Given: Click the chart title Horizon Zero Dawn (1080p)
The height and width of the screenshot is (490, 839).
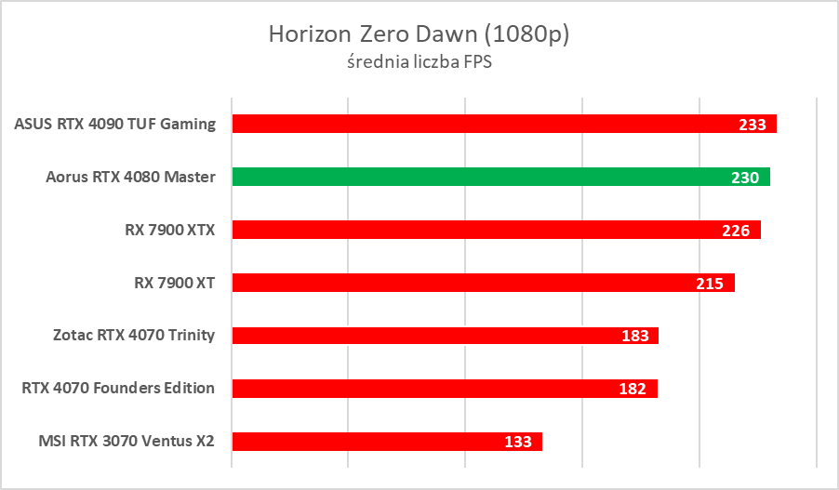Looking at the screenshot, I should click(419, 34).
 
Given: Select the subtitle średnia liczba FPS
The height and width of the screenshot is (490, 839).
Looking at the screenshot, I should click(419, 63).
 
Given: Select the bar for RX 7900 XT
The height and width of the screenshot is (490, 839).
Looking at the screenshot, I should click(465, 283).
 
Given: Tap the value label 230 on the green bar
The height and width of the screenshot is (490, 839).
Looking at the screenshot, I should click(745, 178).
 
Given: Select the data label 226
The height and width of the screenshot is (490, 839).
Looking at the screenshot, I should click(736, 231).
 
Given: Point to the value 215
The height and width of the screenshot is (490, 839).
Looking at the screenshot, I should click(710, 284).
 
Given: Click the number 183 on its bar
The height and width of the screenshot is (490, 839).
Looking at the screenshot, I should click(634, 336).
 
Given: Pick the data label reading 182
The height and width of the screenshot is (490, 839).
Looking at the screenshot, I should click(633, 389).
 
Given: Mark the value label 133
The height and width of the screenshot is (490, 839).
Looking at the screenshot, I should click(517, 442).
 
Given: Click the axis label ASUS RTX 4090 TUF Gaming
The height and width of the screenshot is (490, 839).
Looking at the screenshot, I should click(115, 124).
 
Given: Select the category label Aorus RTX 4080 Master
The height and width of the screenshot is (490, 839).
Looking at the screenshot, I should click(130, 177).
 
